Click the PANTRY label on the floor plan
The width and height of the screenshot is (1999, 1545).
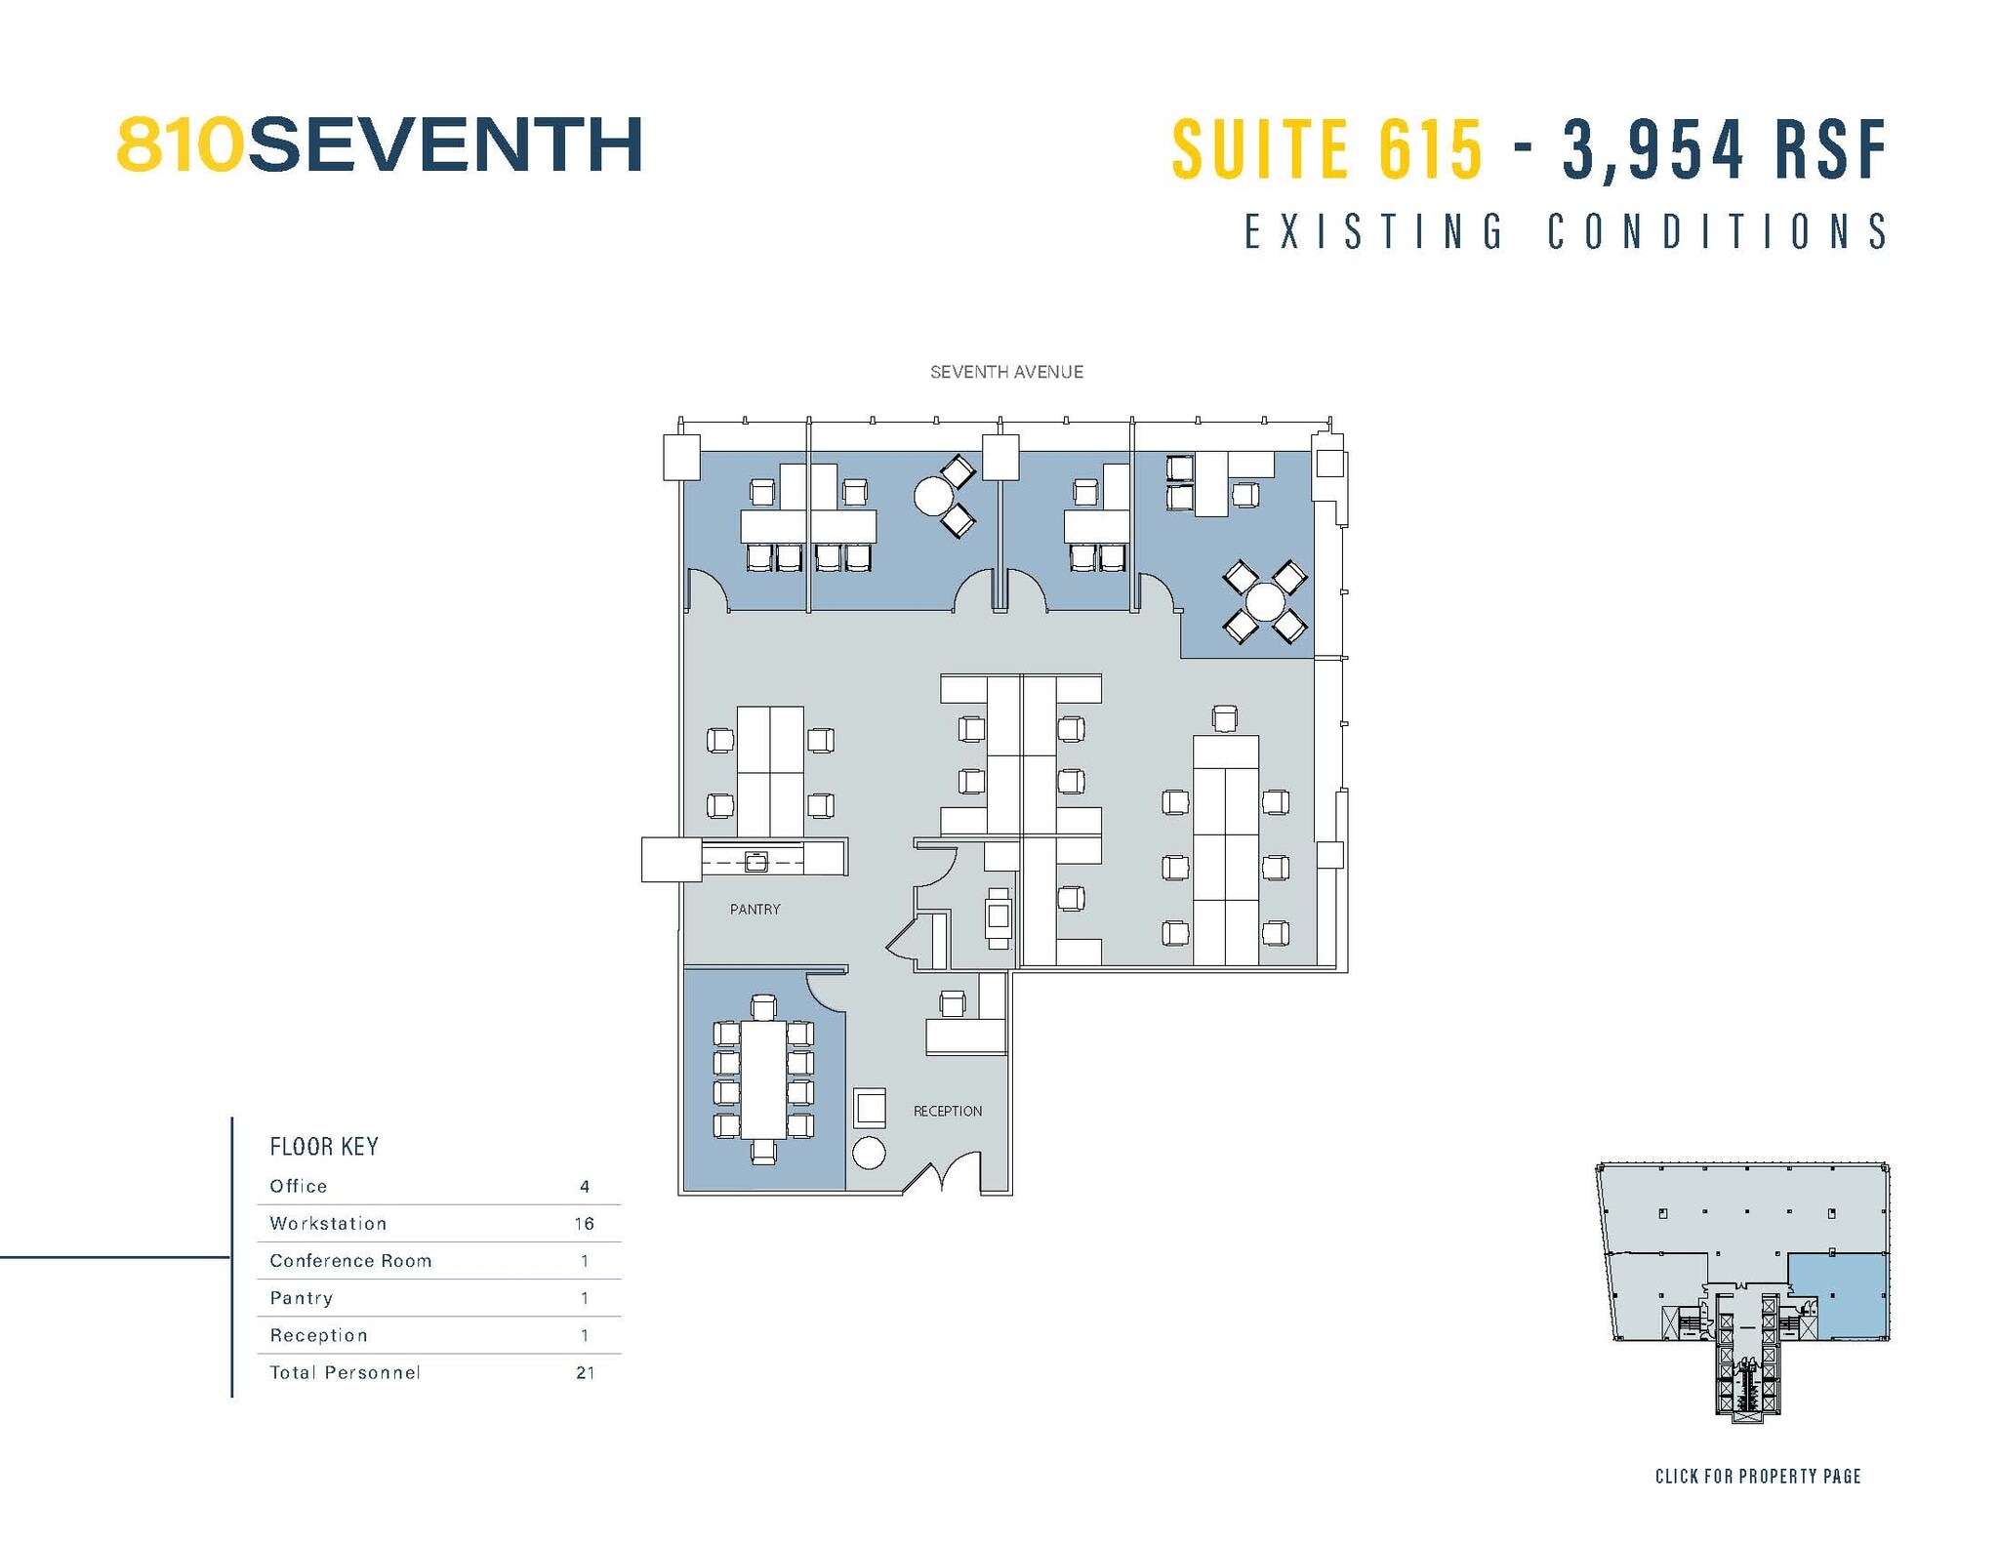(755, 909)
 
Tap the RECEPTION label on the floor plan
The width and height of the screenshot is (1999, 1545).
(947, 1111)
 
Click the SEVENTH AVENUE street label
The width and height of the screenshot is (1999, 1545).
(1006, 372)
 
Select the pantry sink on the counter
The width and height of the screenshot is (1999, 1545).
(755, 862)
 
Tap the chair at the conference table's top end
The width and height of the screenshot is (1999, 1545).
(763, 1007)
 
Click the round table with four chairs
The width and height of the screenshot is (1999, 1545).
(1265, 601)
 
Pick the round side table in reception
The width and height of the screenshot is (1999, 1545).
(869, 1153)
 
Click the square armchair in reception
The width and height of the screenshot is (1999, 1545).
(870, 1108)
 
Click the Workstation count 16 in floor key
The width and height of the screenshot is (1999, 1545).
(584, 1224)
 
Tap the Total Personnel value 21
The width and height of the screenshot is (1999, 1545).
(585, 1372)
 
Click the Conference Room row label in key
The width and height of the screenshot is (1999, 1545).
(350, 1261)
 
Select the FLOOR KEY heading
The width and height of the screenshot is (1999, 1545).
(324, 1146)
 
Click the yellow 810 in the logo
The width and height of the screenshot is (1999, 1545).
(180, 145)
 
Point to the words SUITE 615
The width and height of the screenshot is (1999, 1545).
(1326, 149)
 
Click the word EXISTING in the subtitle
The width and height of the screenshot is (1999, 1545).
(1374, 232)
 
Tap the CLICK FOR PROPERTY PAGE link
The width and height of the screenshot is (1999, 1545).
(1757, 1477)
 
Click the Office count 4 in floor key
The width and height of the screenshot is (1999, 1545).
(585, 1187)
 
